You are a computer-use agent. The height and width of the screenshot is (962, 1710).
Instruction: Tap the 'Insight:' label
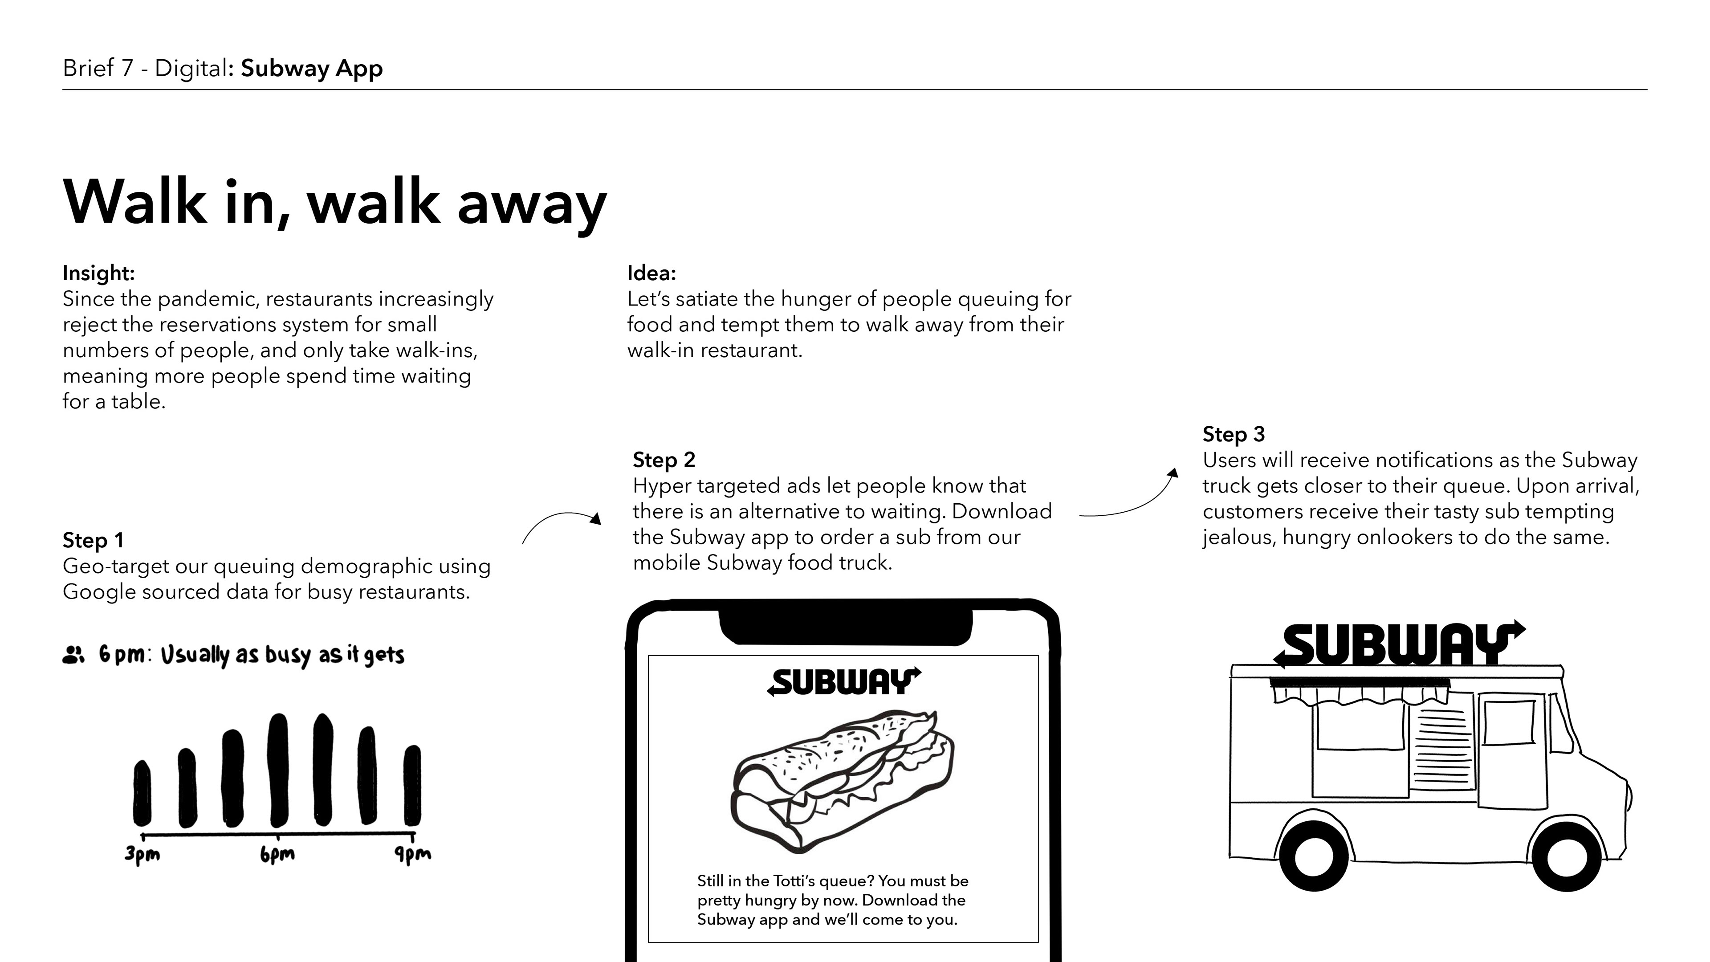click(98, 273)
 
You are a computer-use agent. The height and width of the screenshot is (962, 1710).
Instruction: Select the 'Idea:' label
click(651, 273)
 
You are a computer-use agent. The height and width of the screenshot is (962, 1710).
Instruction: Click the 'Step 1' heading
click(93, 540)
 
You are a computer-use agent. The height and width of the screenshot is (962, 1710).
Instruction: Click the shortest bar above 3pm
click(142, 793)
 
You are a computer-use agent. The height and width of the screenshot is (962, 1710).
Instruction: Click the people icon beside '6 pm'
click(73, 655)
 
